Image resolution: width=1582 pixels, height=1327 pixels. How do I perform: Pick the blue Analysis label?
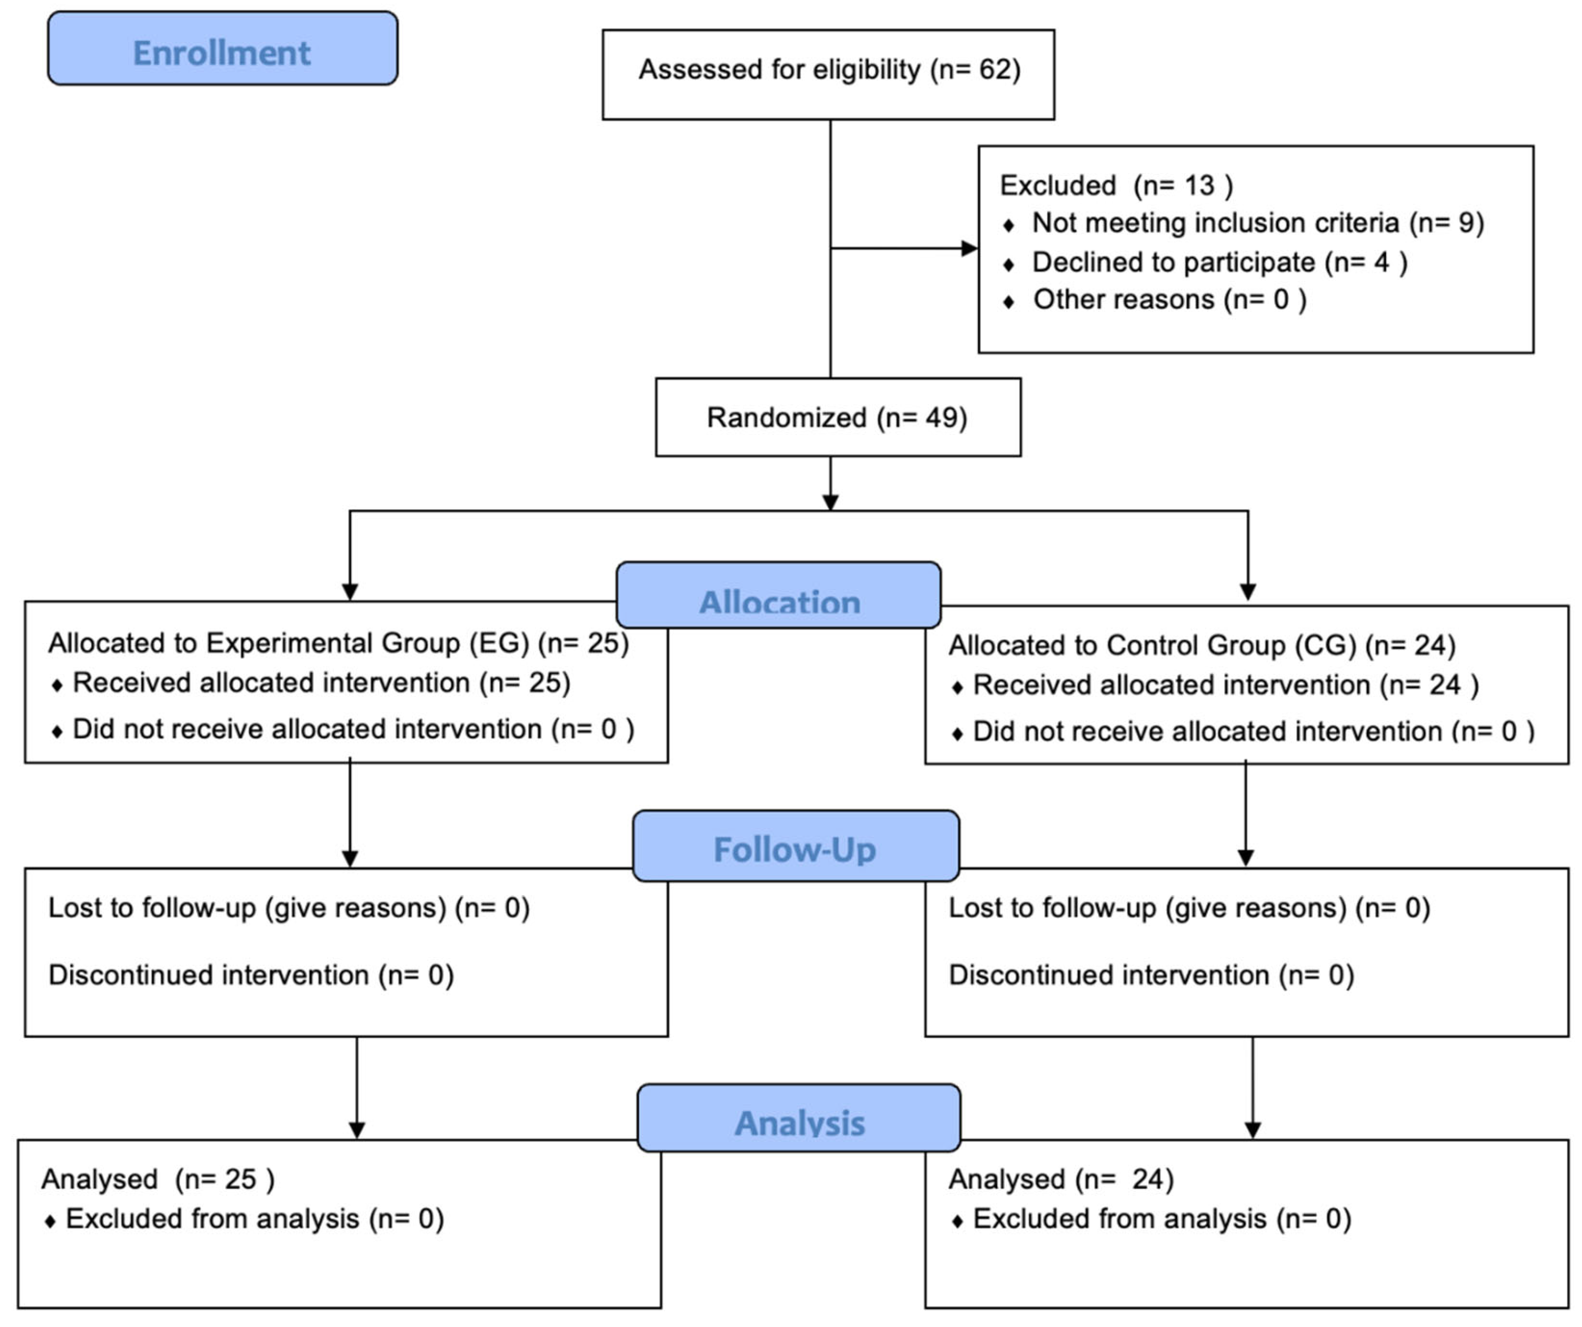[799, 1121]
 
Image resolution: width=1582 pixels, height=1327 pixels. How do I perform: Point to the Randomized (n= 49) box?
[837, 418]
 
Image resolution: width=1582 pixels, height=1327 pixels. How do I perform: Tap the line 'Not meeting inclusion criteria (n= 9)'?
[1257, 223]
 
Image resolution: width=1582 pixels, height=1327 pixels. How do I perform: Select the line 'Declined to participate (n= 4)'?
[1218, 262]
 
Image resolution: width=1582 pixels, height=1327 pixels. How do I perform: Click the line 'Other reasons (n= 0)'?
[1169, 300]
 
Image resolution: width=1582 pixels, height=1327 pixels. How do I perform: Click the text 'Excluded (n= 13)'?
[1116, 185]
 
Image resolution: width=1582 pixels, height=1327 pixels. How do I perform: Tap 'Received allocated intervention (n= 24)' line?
[1225, 685]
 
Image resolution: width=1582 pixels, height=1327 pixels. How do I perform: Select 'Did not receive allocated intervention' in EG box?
[353, 729]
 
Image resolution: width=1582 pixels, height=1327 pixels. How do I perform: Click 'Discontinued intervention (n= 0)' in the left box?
[251, 975]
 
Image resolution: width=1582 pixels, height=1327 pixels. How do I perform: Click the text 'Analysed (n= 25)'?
[158, 1179]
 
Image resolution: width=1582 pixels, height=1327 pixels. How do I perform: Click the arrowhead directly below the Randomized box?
[830, 503]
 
